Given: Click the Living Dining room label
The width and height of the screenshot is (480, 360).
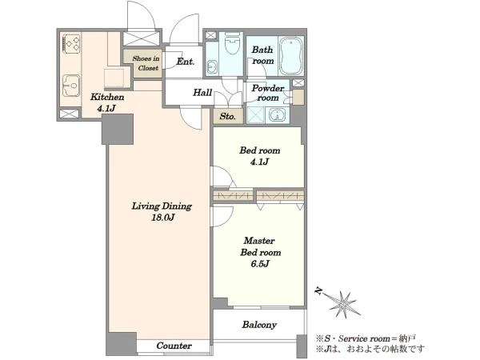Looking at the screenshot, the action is click(162, 206).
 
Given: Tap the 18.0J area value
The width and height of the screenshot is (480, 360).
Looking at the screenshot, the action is click(162, 218).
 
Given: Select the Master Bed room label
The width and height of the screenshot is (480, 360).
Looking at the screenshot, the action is click(260, 246).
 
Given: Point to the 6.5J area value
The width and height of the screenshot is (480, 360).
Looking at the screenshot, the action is click(260, 263).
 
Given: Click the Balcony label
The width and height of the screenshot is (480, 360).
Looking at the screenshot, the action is click(259, 325).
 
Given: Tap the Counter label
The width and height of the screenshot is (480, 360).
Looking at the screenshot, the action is click(174, 346).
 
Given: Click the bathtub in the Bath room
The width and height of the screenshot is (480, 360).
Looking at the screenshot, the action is click(291, 56).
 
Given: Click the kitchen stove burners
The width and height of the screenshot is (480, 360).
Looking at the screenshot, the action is click(72, 43).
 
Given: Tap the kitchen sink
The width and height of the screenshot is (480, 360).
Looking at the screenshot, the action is click(71, 86).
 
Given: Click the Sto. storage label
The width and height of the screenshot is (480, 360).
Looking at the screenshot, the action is click(228, 117).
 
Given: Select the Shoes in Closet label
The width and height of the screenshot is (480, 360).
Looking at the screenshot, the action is click(146, 63).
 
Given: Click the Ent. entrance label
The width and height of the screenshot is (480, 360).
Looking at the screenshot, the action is click(186, 62).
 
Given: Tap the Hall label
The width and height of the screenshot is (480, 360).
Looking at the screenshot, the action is click(202, 93).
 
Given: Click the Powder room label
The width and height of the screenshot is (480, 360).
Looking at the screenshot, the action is click(268, 93).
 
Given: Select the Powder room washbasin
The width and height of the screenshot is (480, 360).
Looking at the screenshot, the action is click(278, 115).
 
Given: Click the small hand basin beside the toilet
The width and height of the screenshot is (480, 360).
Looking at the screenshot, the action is click(211, 66).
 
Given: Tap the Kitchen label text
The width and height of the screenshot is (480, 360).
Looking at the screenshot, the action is click(107, 98).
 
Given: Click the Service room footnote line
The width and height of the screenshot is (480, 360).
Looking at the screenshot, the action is click(366, 339).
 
